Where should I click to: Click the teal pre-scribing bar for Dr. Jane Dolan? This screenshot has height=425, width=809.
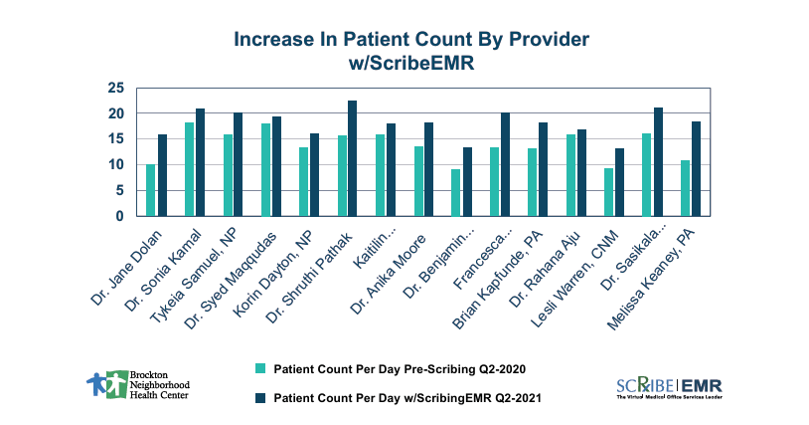(151, 190)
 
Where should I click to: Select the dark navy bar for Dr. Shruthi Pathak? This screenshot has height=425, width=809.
(352, 158)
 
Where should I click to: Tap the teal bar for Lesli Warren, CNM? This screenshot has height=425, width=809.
(609, 192)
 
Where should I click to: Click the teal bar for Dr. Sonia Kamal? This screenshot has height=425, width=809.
(189, 169)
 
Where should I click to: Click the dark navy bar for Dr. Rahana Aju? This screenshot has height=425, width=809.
(581, 172)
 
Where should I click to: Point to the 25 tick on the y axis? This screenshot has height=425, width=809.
(116, 89)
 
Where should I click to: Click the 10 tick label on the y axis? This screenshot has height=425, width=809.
(116, 165)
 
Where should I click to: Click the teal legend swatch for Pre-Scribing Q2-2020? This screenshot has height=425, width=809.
(261, 367)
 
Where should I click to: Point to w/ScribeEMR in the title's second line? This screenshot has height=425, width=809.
(411, 61)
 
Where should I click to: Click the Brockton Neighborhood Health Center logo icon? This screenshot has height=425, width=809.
(101, 382)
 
